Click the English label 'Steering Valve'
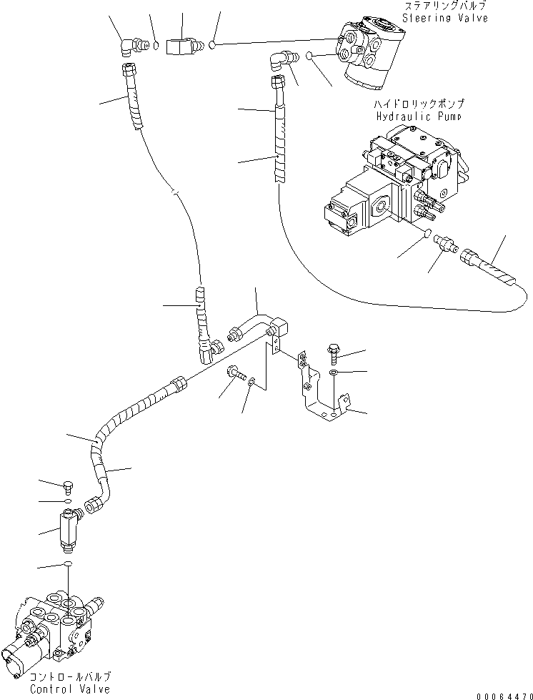point(445,18)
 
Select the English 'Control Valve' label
point(70,689)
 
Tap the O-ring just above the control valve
point(68,565)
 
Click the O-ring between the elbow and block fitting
point(156,46)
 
